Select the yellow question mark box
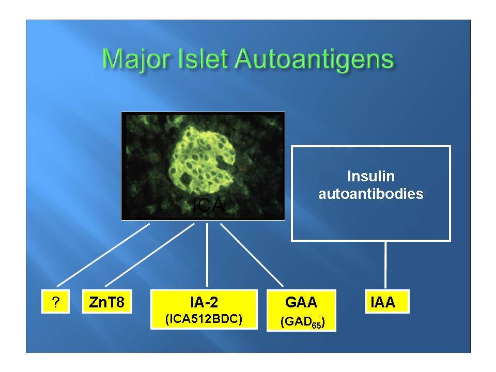coord(55,302)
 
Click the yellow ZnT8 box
coord(107,302)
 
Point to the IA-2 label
coord(204,302)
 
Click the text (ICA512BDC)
coord(204,319)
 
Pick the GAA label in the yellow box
coord(301,302)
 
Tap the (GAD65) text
coord(302,322)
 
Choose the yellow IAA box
coord(387,302)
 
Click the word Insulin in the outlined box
coord(371,176)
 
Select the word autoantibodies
coord(371,194)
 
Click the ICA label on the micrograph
coord(208,205)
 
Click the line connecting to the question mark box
coord(103,255)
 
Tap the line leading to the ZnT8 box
coord(150,255)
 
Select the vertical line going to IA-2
coord(207,255)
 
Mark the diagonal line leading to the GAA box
coord(252,255)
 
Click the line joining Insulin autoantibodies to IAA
coord(385,265)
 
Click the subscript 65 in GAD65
coord(316,325)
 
